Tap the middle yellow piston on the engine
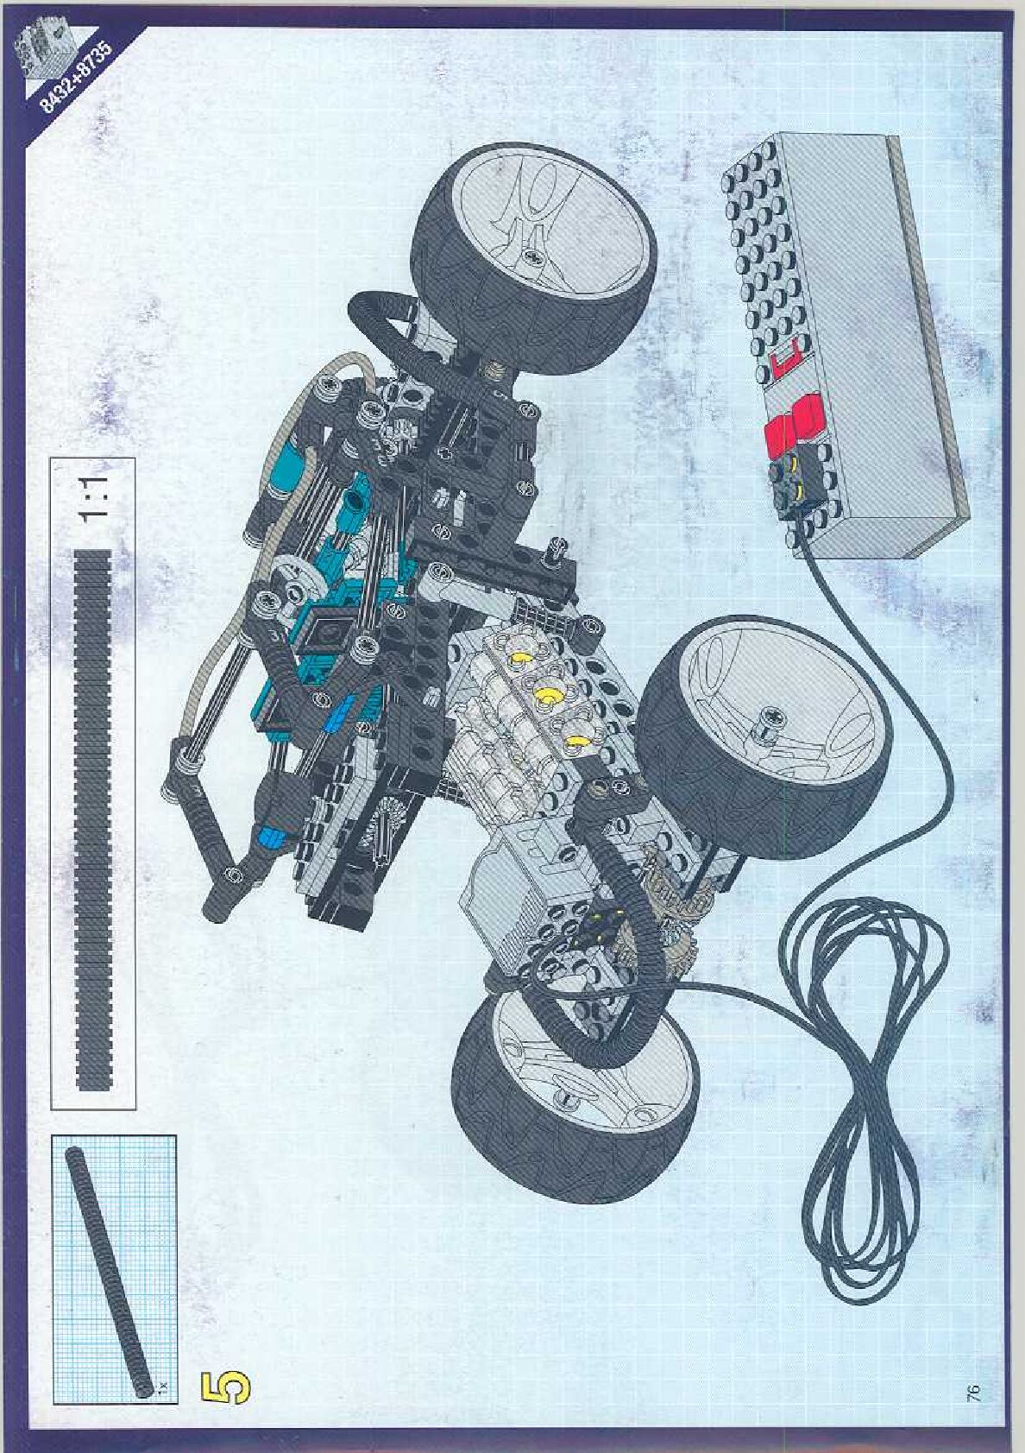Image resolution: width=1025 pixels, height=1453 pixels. coord(545,694)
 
